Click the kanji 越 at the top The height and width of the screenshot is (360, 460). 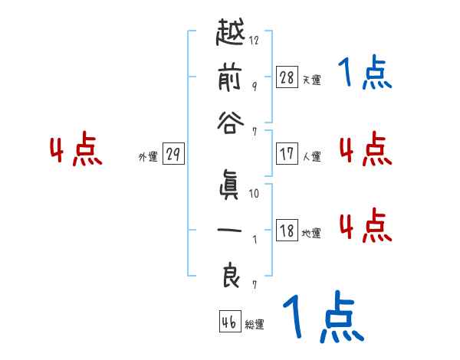[x=230, y=34]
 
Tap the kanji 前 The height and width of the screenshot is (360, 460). [x=230, y=78]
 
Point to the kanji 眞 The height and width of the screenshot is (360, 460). [x=230, y=185]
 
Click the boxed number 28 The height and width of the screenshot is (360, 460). [x=287, y=77]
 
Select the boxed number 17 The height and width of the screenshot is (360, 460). [x=287, y=153]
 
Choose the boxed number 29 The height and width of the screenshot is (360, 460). [x=173, y=154]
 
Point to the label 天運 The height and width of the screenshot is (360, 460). [x=311, y=79]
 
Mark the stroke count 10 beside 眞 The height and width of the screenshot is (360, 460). [x=254, y=194]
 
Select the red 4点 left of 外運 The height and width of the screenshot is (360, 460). [x=77, y=151]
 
